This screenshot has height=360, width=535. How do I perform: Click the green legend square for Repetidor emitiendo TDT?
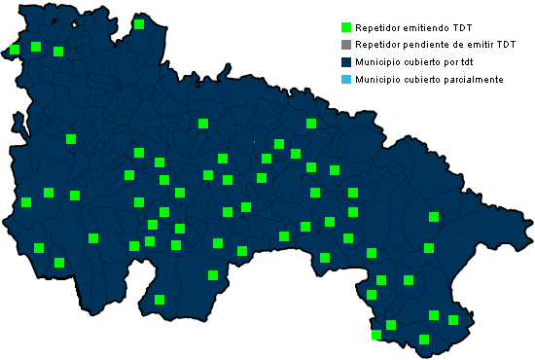point(345,27)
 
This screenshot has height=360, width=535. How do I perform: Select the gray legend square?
point(345,45)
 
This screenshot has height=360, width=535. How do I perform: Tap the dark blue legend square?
point(345,62)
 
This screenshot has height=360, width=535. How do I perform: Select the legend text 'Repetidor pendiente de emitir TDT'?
point(435,45)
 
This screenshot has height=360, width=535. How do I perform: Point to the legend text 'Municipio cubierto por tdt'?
point(414,62)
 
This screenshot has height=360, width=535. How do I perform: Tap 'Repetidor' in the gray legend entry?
point(378,45)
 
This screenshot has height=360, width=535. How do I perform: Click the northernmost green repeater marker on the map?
point(139,24)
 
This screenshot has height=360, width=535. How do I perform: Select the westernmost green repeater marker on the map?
point(14,50)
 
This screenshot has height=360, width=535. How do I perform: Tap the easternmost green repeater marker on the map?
point(452,319)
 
